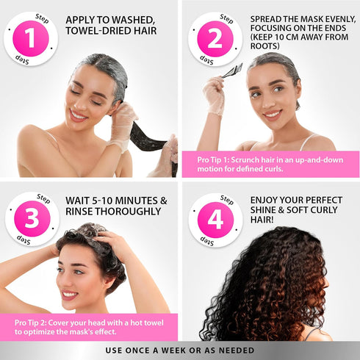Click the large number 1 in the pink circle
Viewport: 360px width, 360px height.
32,38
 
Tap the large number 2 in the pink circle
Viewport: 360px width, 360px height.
215,38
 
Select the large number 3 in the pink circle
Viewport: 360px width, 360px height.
32,219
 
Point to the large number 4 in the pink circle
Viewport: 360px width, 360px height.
215,219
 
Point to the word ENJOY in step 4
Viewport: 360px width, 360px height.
267,199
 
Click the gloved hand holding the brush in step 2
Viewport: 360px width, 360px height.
215,96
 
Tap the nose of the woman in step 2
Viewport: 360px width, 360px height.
273,101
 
